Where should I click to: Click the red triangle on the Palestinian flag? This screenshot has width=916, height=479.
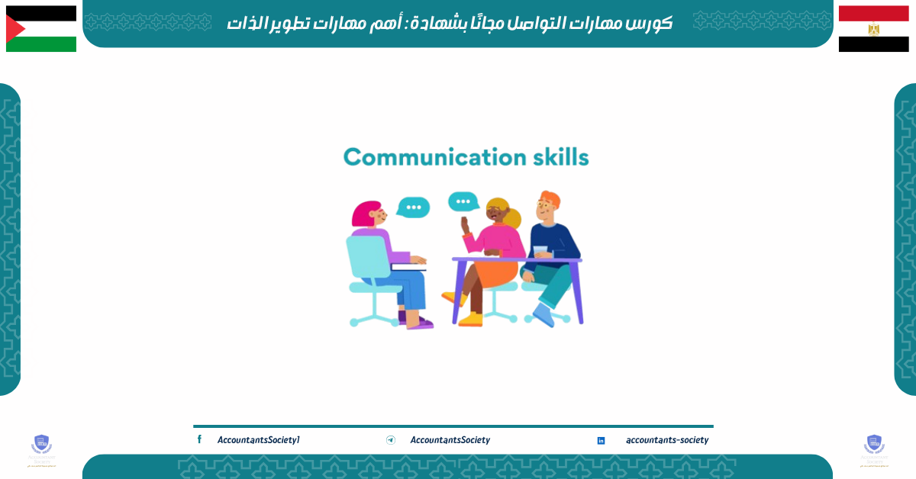[15, 29]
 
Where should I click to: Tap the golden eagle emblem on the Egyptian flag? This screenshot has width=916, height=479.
[873, 29]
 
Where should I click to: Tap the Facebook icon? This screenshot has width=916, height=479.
[199, 439]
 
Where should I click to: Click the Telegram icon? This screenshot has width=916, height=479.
[391, 440]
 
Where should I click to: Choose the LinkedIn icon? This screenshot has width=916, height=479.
[601, 440]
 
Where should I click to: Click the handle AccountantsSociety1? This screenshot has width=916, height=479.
[258, 440]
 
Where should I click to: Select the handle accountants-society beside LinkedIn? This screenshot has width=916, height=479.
[667, 440]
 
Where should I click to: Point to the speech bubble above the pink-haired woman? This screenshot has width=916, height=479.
[414, 207]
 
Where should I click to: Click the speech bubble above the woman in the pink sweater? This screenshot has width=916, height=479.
[463, 201]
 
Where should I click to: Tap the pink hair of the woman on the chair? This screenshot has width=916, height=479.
[365, 213]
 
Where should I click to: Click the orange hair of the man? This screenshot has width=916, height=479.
[550, 200]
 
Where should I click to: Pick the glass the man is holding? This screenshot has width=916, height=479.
[540, 252]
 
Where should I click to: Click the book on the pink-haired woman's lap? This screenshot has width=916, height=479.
[408, 267]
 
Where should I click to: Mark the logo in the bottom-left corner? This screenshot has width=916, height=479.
[41, 448]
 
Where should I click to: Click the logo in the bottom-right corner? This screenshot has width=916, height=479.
[874, 448]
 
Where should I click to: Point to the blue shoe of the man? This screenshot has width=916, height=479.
[543, 314]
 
